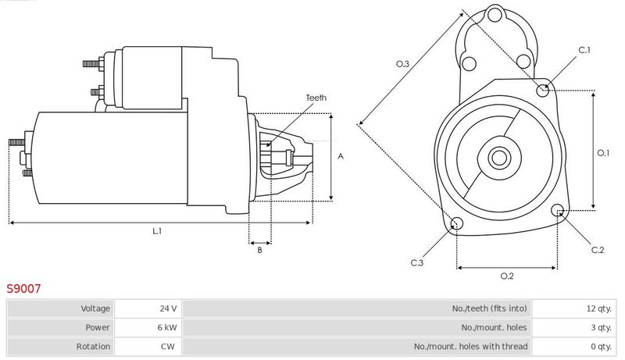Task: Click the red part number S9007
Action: click(23, 288)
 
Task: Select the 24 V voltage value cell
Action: click(148, 308)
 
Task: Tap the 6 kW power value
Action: click(148, 327)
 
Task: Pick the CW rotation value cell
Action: click(148, 347)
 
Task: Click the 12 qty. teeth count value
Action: click(573, 308)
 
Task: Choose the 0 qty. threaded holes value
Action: click(573, 347)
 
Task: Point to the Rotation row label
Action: click(93, 347)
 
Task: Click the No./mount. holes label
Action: click(494, 327)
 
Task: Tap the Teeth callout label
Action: click(316, 98)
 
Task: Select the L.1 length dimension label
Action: click(158, 231)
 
